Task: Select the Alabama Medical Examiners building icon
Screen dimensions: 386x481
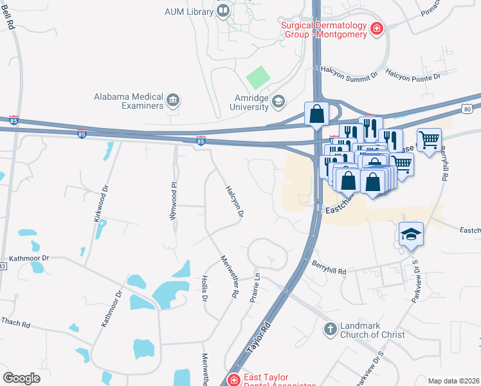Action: (173, 100)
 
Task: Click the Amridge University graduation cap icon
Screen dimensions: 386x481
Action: (278, 100)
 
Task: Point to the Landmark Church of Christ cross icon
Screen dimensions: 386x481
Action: (330, 329)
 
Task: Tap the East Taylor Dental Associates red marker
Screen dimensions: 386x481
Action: (233, 380)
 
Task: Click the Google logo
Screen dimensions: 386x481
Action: (21, 378)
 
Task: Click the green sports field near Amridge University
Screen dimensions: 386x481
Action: (259, 78)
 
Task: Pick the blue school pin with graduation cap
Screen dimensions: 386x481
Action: (411, 235)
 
